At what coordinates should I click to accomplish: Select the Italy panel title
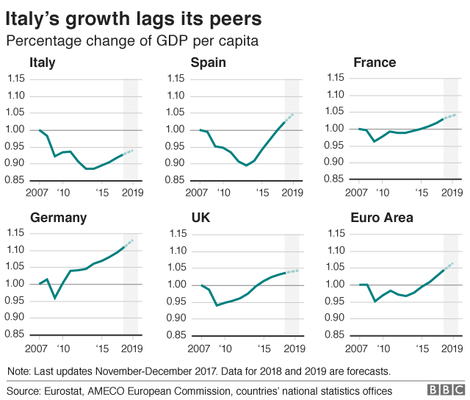pyautogui.click(x=42, y=63)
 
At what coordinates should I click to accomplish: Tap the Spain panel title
pyautogui.click(x=208, y=63)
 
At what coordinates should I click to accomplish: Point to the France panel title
pyautogui.click(x=374, y=63)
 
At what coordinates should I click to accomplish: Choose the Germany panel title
pyautogui.click(x=58, y=218)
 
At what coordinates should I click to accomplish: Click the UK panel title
pyautogui.click(x=200, y=218)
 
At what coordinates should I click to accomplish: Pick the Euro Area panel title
pyautogui.click(x=381, y=218)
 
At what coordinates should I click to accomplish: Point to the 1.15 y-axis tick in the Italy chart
pyautogui.click(x=15, y=79)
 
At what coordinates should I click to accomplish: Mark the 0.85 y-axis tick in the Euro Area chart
pyautogui.click(x=336, y=335)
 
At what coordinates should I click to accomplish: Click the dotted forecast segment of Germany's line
pyautogui.click(x=129, y=243)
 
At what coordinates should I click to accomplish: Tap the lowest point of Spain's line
pyautogui.click(x=246, y=165)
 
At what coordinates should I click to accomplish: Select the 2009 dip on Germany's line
pyautogui.click(x=54, y=298)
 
